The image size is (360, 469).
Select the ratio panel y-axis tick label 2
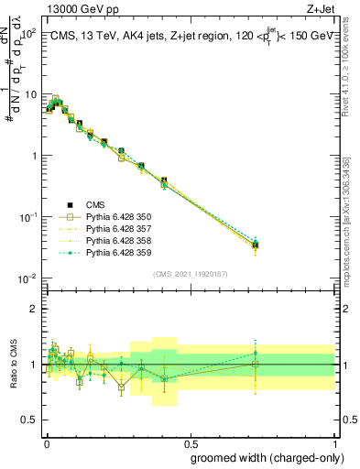[x=35, y=309]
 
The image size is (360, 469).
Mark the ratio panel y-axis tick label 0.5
[x=29, y=420]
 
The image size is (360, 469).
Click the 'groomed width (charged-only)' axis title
[x=263, y=457]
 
